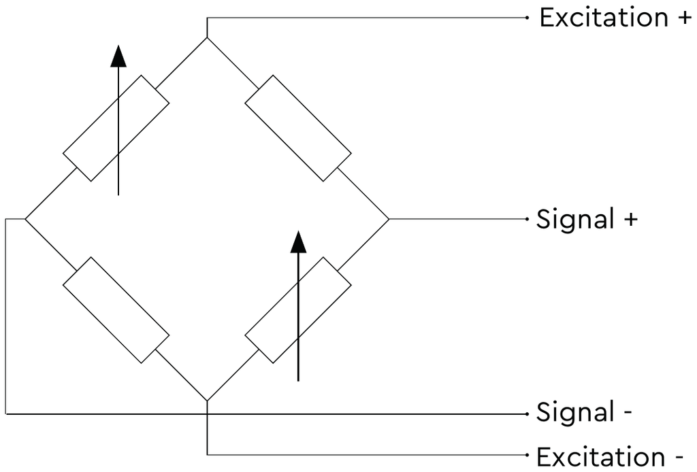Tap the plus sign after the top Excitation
tap(684, 18)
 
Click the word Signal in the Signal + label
tap(575, 218)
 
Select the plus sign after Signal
tap(630, 220)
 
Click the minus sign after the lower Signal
tap(628, 413)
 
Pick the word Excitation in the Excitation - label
tap(601, 456)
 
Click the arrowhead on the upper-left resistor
tap(118, 56)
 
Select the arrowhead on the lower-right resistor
tap(298, 242)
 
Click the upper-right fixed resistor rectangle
tap(298, 129)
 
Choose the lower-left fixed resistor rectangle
tap(116, 310)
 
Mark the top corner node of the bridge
tap(207, 37)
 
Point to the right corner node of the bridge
tap(389, 219)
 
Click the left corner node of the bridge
tap(25, 219)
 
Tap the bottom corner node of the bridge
tap(207, 401)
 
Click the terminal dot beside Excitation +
tap(528, 18)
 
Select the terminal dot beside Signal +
tap(528, 219)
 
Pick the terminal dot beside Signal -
tap(528, 414)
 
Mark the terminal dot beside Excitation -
tap(528, 455)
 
